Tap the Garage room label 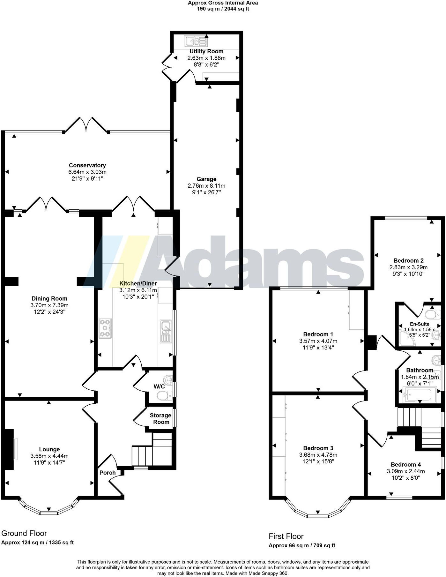coord(206,179)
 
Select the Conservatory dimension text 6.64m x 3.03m coord(87,172)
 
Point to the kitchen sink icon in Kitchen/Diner coord(166,331)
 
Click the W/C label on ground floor coord(159,386)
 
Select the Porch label coord(108,472)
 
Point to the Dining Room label coord(49,298)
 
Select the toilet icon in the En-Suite coord(434,315)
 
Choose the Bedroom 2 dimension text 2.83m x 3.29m coord(408,267)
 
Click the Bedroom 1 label coord(318,334)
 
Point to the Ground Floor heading coord(24,533)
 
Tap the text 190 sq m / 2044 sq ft coord(223,9)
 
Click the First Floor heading coord(286,536)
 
